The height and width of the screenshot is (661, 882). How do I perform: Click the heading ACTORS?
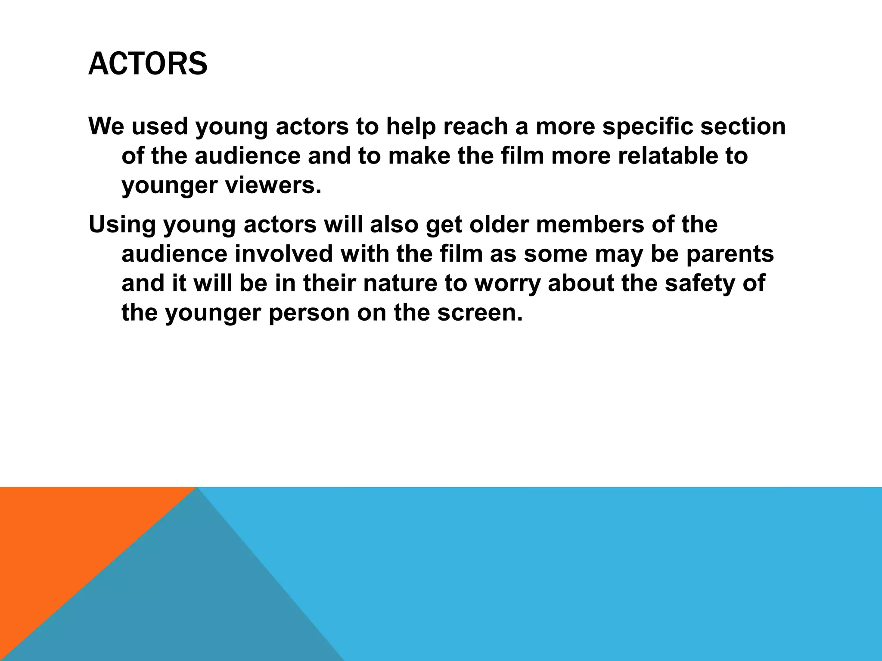point(148,64)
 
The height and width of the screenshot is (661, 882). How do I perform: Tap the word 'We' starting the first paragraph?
point(108,126)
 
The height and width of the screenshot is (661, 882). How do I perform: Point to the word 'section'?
point(743,126)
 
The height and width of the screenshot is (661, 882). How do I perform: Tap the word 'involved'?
point(284,254)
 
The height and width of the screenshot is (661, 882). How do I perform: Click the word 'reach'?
point(475,126)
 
